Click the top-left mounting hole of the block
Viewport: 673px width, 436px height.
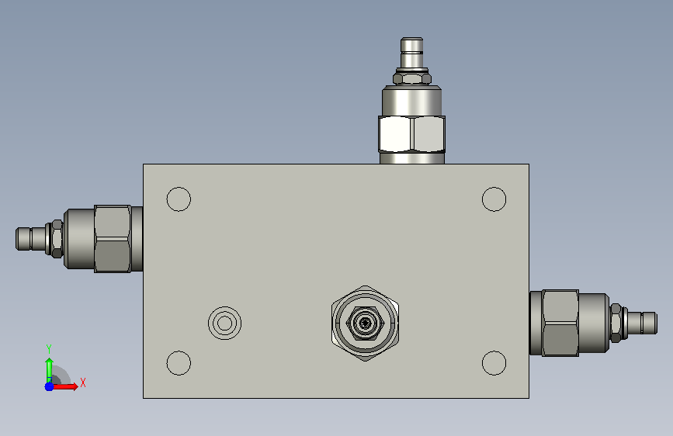[x=179, y=199]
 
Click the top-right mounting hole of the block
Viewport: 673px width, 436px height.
[x=494, y=199]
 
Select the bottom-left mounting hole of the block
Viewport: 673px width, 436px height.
[x=179, y=363]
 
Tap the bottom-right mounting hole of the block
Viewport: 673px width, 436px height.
[x=494, y=363]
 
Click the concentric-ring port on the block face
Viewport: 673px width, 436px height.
[x=224, y=324]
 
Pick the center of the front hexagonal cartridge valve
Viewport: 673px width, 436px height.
[x=366, y=324]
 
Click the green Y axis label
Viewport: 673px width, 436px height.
[x=49, y=349]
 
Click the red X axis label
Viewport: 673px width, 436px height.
[x=83, y=382]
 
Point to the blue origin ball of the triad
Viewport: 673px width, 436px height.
[x=50, y=386]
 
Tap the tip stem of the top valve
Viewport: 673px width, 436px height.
[x=411, y=52]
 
